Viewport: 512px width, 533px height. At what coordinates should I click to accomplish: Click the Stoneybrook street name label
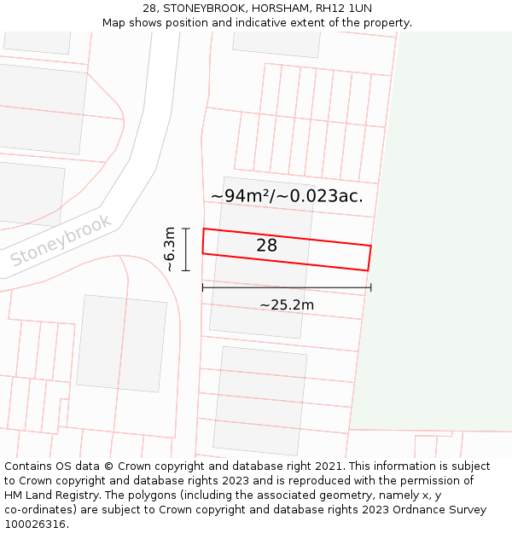click(61, 241)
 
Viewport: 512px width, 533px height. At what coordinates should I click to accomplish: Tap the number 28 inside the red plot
click(266, 246)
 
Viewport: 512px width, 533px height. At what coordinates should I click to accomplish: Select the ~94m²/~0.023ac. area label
click(287, 195)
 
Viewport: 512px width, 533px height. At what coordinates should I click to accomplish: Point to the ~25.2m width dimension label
click(287, 304)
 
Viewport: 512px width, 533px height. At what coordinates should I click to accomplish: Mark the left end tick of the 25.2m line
click(202, 287)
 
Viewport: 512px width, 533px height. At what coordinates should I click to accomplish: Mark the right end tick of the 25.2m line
click(371, 287)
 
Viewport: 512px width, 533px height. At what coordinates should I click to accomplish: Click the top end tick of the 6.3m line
click(186, 229)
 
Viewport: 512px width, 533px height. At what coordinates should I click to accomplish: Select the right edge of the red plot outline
click(369, 258)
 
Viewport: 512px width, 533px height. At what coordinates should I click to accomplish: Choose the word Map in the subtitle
click(114, 23)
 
